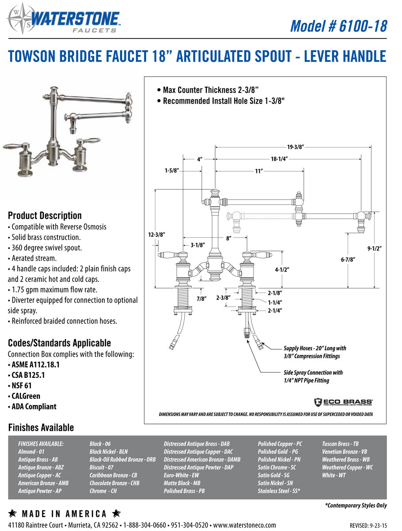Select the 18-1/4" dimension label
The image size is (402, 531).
tap(281, 159)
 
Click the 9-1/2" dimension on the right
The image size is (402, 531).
tap(374, 248)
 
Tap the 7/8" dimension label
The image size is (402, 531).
tap(201, 299)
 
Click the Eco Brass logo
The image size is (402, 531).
tap(343, 402)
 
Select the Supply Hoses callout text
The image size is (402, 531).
tap(315, 352)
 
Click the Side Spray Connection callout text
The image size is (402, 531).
tap(313, 376)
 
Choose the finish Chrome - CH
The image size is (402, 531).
tap(103, 491)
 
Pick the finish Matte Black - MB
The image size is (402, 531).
tap(182, 483)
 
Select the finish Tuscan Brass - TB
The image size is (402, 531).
tap(340, 443)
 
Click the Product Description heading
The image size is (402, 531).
tap(45, 215)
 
